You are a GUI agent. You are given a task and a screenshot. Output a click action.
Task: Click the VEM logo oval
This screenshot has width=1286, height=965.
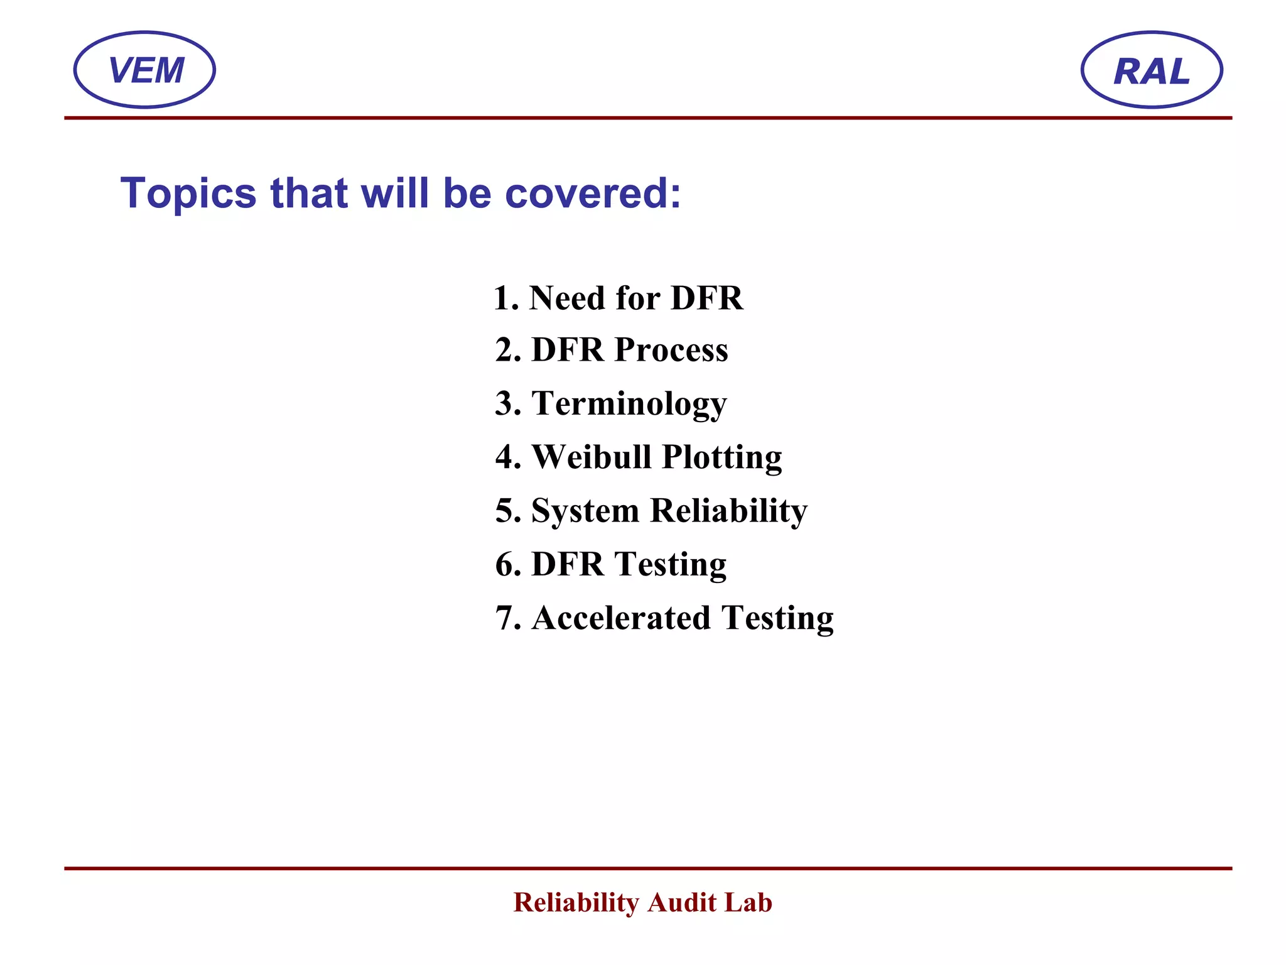[144, 70]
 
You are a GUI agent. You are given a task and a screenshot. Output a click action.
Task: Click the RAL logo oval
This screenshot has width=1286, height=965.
[1151, 70]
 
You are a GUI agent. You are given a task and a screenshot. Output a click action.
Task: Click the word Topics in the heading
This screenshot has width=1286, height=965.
[188, 194]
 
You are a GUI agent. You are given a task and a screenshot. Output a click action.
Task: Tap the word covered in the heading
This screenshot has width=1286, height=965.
[593, 194]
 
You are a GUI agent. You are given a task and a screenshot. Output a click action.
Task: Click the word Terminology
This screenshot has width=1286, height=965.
[629, 404]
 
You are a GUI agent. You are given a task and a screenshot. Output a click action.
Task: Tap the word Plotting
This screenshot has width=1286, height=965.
[722, 458]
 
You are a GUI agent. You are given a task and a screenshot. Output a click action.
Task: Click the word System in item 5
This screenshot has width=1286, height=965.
[585, 511]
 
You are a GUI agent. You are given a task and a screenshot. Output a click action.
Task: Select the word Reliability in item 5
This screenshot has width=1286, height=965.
[728, 511]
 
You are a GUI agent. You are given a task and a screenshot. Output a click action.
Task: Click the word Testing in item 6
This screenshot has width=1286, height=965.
[670, 565]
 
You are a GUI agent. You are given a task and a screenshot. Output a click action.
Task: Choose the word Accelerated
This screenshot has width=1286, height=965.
[621, 618]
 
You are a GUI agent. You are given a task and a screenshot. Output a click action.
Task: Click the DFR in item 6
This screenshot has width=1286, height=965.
[568, 564]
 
